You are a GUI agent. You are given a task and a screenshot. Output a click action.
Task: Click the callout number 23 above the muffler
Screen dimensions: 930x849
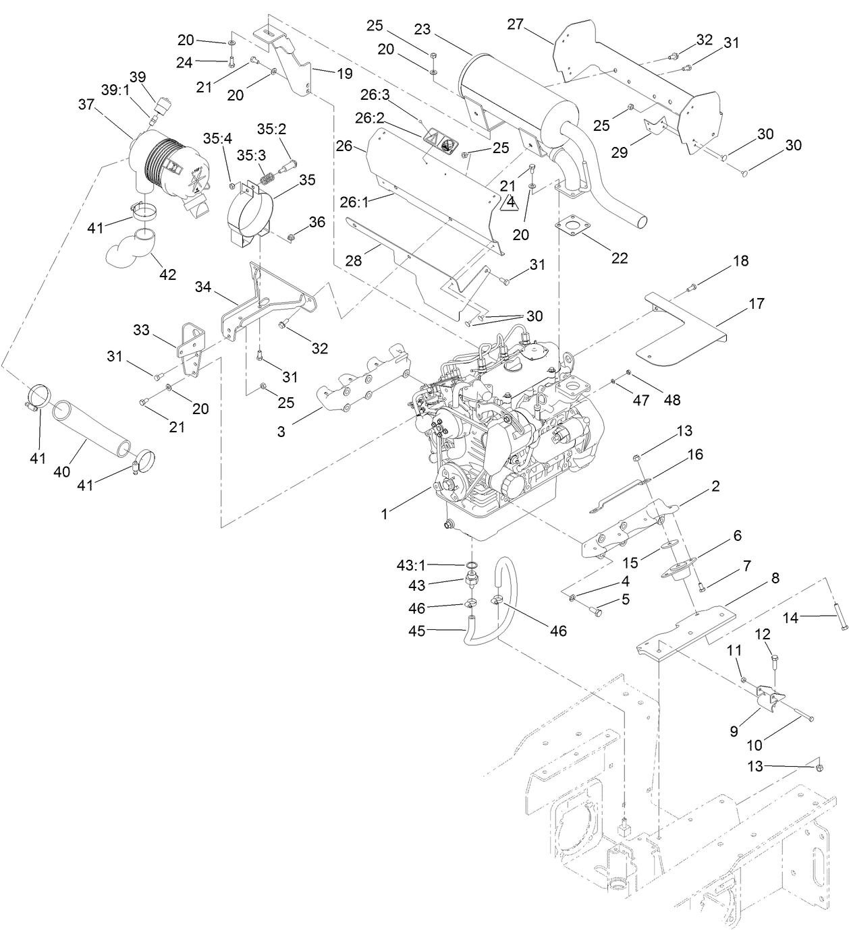[x=422, y=29]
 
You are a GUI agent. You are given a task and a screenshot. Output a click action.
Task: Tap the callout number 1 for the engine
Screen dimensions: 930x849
[x=384, y=514]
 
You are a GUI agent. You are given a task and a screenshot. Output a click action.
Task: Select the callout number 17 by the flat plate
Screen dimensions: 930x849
[x=757, y=303]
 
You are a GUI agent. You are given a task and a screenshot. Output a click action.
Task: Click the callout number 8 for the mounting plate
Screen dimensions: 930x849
[x=775, y=578]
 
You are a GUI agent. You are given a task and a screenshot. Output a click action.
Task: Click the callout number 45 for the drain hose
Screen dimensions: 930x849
[x=417, y=631]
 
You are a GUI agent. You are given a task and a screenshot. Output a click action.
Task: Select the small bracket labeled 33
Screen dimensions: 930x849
[x=191, y=351]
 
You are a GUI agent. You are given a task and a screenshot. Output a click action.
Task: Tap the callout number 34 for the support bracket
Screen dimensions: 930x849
[x=203, y=287]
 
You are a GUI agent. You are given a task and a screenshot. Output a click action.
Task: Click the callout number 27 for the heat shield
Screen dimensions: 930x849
[x=516, y=24]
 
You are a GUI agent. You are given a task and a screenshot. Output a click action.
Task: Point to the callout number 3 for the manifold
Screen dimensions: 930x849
[x=281, y=432]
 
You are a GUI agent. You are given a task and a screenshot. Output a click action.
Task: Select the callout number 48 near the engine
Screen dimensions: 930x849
[x=672, y=400]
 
